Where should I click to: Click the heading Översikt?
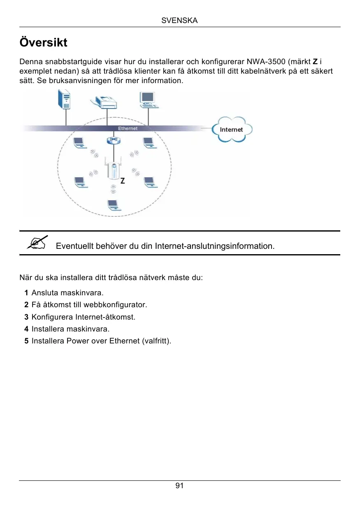click(44, 42)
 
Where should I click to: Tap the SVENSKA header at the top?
click(179, 21)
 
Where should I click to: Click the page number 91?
click(179, 486)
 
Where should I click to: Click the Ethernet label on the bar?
click(128, 128)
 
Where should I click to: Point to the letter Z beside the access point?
click(123, 181)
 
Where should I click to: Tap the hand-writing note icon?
click(37, 242)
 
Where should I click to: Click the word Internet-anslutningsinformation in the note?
click(214, 246)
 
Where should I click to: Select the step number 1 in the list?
click(26, 293)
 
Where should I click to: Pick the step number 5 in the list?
click(26, 341)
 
